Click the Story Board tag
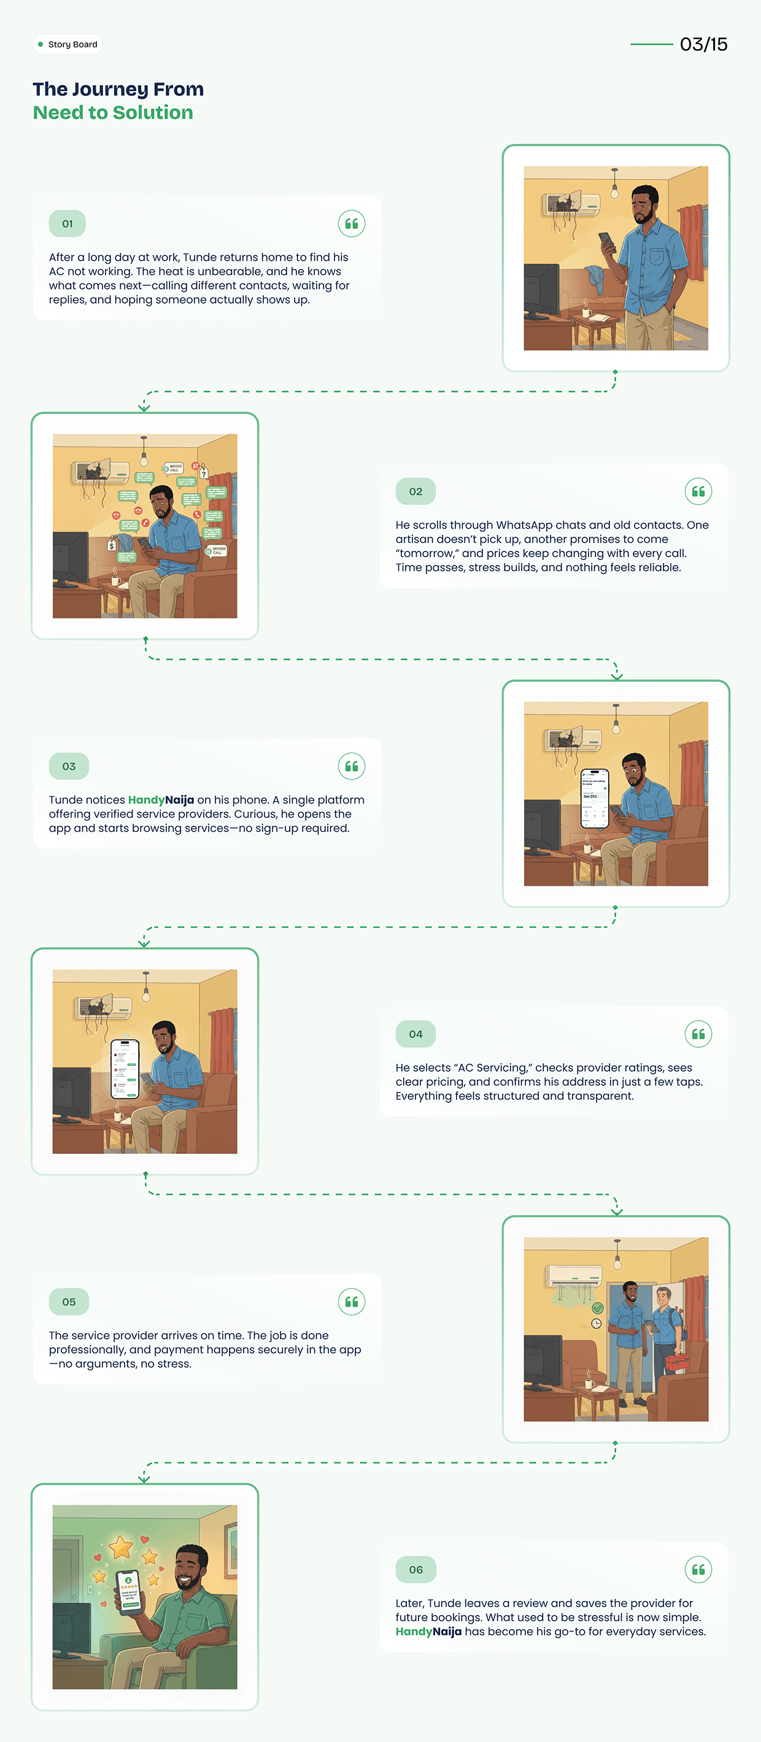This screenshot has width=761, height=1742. click(68, 45)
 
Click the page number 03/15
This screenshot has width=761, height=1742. click(703, 45)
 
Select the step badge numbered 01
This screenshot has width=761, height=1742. click(67, 224)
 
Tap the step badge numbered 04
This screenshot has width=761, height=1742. click(415, 1034)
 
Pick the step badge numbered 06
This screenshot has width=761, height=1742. click(415, 1570)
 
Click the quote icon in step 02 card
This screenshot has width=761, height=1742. click(698, 492)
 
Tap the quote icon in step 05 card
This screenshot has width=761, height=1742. click(352, 1302)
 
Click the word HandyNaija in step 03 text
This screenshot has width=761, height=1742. click(161, 800)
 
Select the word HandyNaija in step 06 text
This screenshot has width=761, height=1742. click(428, 1632)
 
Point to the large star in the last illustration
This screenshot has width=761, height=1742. click(121, 1546)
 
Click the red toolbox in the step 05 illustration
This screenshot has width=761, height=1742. click(676, 1361)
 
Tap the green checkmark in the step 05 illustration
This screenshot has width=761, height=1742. click(597, 1308)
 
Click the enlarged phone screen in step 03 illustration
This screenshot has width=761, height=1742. click(595, 799)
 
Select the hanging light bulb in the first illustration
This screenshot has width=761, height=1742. click(614, 192)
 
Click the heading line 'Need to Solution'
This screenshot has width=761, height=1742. click(113, 113)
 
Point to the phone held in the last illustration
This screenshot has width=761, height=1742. click(128, 1590)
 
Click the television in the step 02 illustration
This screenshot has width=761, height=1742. click(71, 559)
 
